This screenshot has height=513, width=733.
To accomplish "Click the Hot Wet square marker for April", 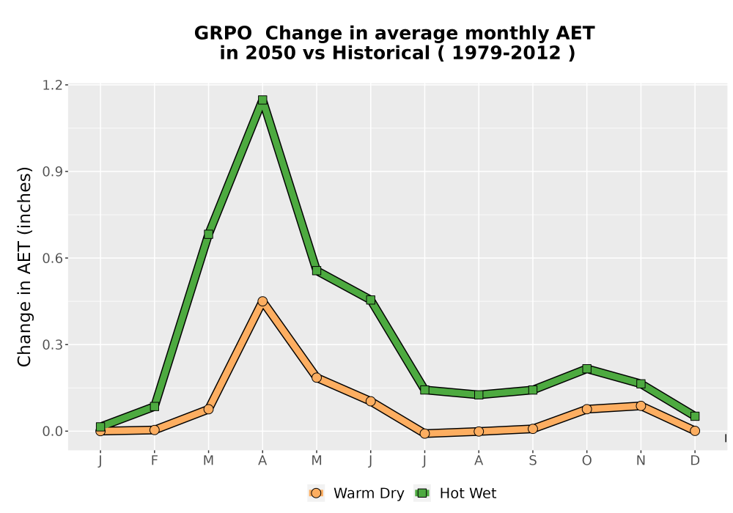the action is pos(262,100).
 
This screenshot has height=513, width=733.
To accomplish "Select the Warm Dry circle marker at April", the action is pos(262,301).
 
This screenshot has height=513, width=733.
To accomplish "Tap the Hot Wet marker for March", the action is pos(208,234).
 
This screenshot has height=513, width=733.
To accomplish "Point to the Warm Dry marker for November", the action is pos(641,406).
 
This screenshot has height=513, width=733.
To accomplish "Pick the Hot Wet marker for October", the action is pos(586,369).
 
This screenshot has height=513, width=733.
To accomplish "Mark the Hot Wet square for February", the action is pos(154,407).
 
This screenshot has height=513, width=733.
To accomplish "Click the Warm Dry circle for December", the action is pos(695,431).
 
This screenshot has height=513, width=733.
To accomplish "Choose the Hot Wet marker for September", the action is pos(532,390).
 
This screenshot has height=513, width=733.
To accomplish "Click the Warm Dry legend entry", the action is pos(356,493).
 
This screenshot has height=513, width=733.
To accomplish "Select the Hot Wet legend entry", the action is pos(455,493).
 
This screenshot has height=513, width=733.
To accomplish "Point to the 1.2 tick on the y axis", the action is pos(52,85).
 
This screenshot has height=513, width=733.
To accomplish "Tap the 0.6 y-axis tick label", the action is pos(52,259).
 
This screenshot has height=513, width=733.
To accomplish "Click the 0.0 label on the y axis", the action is pos(52,431).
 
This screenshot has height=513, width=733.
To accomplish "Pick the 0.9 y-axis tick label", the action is pos(52,171).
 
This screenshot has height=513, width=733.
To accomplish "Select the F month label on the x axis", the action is pos(154,461).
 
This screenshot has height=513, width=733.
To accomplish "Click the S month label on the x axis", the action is pos(532,461).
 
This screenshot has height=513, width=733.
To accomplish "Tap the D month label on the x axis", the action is pos(695,461).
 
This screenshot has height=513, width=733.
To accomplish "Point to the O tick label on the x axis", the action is pos(586,461).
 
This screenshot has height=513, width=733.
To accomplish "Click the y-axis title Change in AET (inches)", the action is pos(24,267).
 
